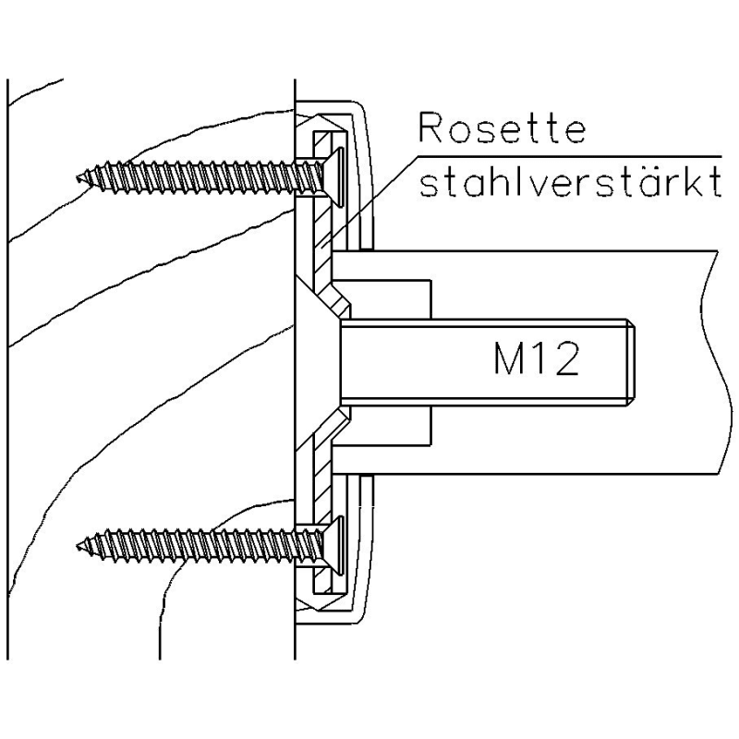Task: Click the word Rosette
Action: click(502, 129)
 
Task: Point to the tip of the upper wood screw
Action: click(80, 175)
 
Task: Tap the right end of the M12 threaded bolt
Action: click(631, 361)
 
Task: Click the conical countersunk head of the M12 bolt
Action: click(319, 360)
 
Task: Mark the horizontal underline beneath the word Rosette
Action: click(573, 154)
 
